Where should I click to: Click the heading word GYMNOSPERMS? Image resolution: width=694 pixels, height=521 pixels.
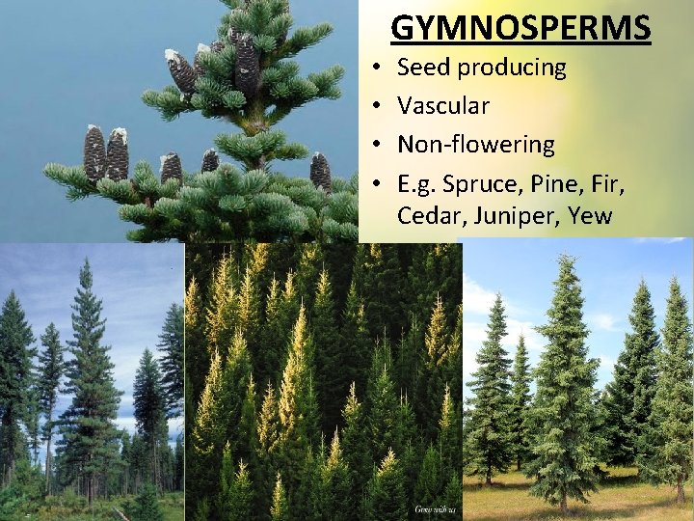[x=520, y=28]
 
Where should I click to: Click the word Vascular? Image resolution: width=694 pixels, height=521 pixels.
[x=443, y=106]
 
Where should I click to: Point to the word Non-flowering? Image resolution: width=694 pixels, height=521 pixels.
[x=476, y=145]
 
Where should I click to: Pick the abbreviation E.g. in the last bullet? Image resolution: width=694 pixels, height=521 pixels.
[x=418, y=182]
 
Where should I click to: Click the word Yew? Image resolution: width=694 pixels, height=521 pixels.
[x=590, y=215]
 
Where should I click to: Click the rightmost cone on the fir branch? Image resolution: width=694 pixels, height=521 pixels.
[x=321, y=172]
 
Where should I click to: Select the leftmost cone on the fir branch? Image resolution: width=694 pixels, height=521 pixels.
[x=94, y=153]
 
